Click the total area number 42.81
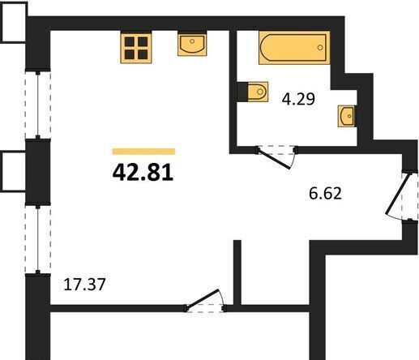click(143, 173)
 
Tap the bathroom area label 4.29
click(298, 99)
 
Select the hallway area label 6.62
click(325, 193)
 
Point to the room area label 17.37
click(84, 285)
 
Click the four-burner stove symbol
click(136, 47)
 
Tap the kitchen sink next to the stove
click(192, 44)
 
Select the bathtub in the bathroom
click(294, 48)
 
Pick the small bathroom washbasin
click(347, 116)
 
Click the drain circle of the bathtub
click(320, 48)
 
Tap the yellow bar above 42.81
click(143, 152)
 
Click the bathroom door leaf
click(274, 159)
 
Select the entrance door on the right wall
click(399, 194)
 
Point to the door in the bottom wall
click(203, 299)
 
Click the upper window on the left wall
click(38, 105)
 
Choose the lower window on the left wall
click(38, 239)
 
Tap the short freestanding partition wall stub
click(237, 272)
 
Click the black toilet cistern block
click(242, 92)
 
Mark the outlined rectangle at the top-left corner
click(14, 22)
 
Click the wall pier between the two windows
click(38, 172)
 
